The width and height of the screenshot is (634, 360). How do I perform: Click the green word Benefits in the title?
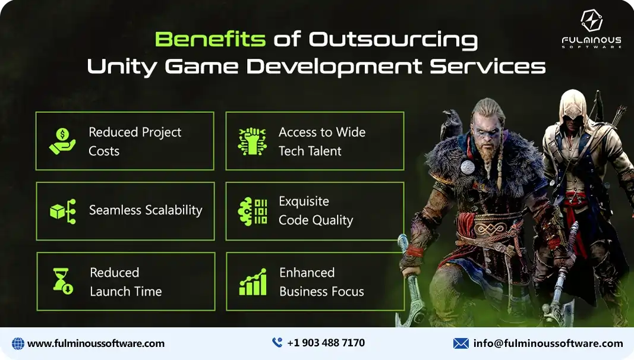coord(210,39)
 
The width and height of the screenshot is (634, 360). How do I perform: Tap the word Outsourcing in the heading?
coord(393,39)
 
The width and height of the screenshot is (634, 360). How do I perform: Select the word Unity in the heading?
coord(122,66)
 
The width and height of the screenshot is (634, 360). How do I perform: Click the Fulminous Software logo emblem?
coord(591,21)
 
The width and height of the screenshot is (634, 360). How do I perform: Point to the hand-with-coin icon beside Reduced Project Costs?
coord(62,141)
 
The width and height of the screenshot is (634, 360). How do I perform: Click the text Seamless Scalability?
coord(146,210)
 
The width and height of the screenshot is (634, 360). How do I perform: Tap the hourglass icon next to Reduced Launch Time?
coord(62,282)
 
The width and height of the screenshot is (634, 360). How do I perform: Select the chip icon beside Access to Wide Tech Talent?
coord(253,141)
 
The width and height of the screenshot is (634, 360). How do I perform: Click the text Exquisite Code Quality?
coord(316,211)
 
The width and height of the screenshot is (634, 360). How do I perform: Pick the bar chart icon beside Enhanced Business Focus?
coord(253,282)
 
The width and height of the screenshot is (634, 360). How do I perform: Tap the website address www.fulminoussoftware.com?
coord(96,343)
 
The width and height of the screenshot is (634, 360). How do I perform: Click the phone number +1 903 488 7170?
coord(326,343)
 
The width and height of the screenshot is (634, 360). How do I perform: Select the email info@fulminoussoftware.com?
coord(548,343)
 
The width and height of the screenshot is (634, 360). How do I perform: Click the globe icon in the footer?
coord(18,343)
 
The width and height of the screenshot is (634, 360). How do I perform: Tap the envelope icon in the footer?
coord(460,343)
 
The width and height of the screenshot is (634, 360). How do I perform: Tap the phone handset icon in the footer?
coord(277,343)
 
